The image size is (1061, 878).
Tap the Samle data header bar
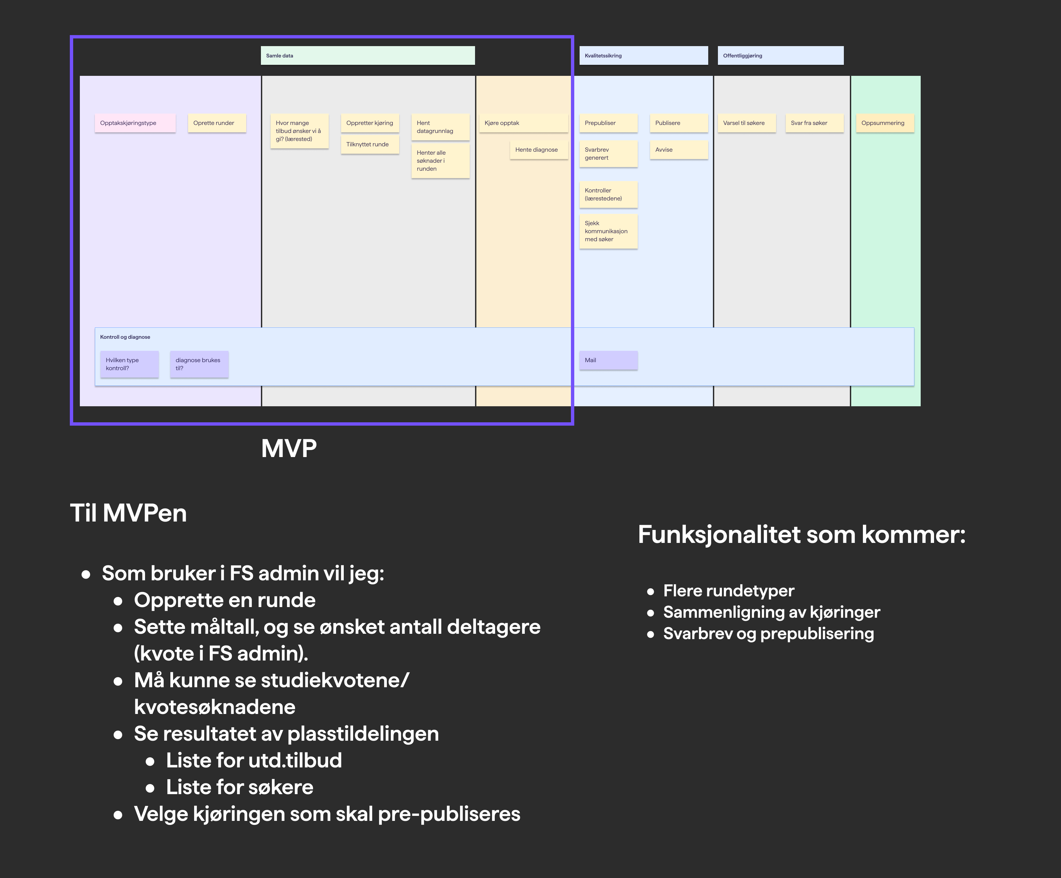(367, 55)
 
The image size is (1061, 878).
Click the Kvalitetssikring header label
(643, 55)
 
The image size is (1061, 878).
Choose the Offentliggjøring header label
(780, 55)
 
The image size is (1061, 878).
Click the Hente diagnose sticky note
(539, 150)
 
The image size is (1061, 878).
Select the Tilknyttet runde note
(369, 144)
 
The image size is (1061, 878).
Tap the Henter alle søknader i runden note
(440, 161)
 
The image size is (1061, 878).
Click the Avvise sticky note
(678, 150)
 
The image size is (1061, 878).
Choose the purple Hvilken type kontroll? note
(129, 364)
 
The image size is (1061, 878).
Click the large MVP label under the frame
(289, 448)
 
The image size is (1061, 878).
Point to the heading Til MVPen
(128, 513)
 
